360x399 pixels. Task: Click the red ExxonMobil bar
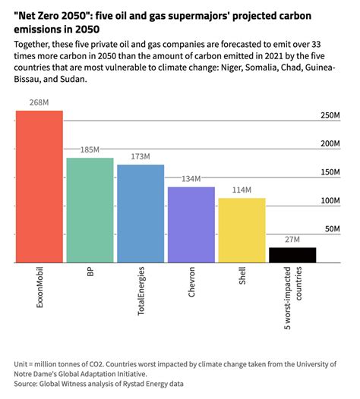click(39, 187)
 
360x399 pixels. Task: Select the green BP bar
click(90, 210)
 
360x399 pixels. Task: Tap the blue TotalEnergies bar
click(141, 213)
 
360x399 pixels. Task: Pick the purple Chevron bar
click(191, 225)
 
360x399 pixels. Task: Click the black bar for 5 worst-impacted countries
click(292, 255)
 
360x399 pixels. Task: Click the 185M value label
click(90, 150)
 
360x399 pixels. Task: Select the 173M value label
click(141, 157)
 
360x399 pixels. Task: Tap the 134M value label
click(191, 179)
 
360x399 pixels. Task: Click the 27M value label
click(292, 240)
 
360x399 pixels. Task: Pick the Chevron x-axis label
click(191, 281)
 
